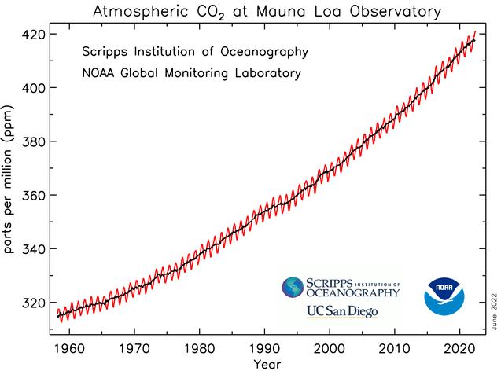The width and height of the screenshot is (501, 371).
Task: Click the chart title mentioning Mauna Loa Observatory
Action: [267, 13]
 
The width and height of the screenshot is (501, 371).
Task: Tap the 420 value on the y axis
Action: [35, 35]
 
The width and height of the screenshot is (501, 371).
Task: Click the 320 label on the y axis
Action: [35, 303]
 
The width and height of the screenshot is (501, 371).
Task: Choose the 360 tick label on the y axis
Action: [35, 195]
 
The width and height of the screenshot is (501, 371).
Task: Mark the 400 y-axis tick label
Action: [35, 88]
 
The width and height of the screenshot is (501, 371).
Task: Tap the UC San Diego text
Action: [342, 312]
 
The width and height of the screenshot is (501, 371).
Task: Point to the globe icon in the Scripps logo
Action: [293, 288]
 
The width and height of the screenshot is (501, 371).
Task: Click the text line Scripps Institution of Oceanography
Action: [195, 53]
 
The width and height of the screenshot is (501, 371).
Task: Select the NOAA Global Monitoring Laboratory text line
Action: [191, 73]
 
